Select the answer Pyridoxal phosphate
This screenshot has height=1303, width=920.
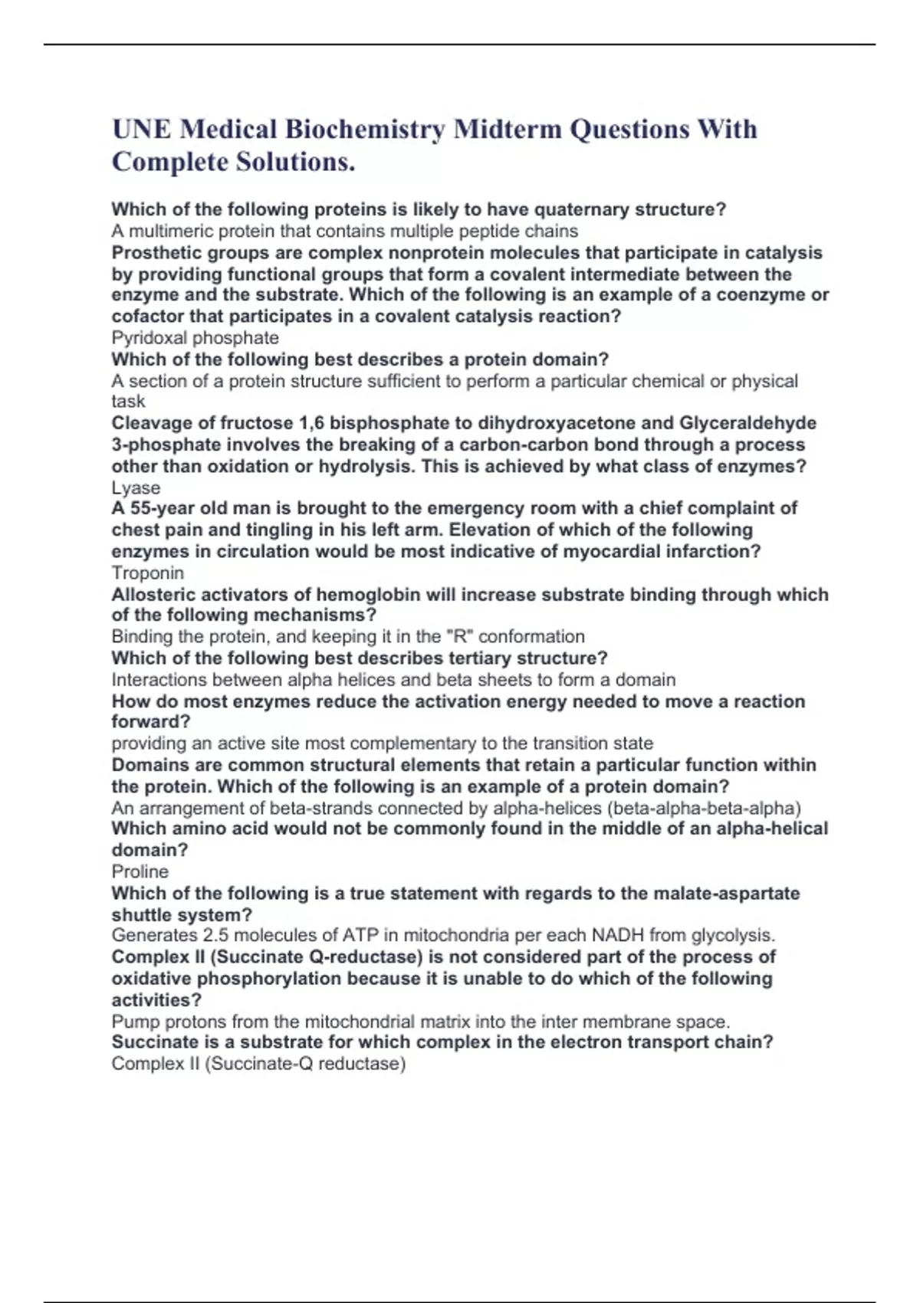pyautogui.click(x=195, y=338)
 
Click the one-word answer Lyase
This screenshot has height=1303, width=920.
pyautogui.click(x=136, y=487)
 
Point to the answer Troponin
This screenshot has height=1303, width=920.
pyautogui.click(x=147, y=573)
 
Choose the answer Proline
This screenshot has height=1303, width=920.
pyautogui.click(x=140, y=871)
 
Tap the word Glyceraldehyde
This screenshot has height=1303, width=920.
pyautogui.click(x=747, y=423)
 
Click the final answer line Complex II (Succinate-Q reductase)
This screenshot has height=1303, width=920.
pyautogui.click(x=258, y=1063)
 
